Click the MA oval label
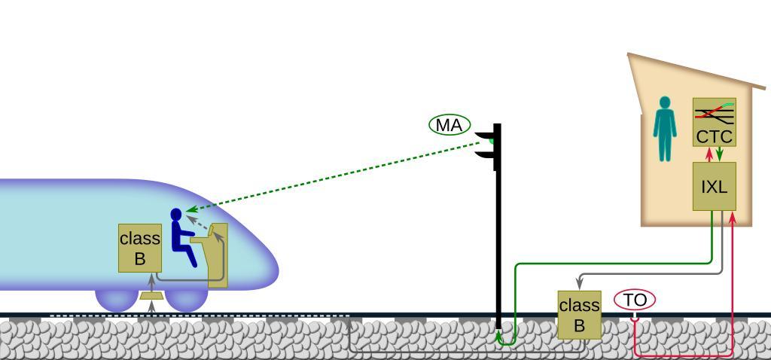449,125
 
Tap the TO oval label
635,300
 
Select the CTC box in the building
714,136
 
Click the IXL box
714,187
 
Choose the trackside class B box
579,315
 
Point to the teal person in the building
664,129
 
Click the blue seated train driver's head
176,215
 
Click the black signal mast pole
498,241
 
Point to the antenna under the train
151,296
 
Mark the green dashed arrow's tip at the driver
188,211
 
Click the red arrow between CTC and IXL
709,154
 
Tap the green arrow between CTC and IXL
720,154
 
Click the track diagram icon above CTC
714,114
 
